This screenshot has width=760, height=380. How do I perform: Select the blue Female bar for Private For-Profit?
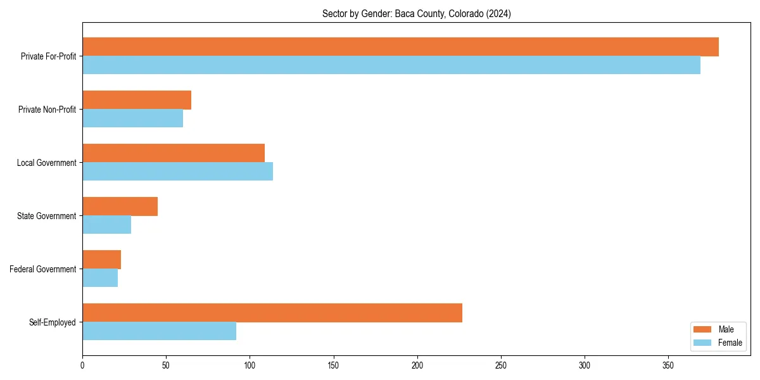point(391,65)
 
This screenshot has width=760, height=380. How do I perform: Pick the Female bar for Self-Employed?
point(159,331)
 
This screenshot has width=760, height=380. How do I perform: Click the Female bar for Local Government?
point(177,172)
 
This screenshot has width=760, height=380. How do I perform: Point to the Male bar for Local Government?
point(174,153)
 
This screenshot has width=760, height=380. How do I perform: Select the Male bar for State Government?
point(120,206)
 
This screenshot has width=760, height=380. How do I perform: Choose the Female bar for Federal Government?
point(100,278)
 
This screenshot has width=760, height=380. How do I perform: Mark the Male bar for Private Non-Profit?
point(137,100)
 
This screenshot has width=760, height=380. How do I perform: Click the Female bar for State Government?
point(106,225)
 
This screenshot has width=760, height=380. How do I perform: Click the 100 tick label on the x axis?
point(250,365)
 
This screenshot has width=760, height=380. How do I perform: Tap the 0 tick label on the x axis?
point(82,365)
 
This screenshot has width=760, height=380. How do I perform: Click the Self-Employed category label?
point(52,322)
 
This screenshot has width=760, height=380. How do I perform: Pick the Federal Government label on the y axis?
point(43,269)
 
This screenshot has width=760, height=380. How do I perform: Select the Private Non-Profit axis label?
point(47,110)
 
